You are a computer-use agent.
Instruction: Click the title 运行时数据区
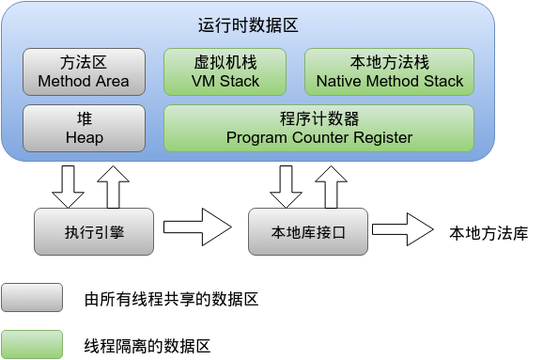click(248, 25)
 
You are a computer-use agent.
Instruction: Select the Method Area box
click(84, 72)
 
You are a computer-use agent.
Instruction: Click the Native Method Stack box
click(389, 72)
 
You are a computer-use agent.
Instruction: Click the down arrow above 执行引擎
click(68, 186)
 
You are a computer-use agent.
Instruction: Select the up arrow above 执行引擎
click(112, 184)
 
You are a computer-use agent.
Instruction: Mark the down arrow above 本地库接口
click(285, 186)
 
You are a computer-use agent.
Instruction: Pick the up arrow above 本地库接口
click(329, 184)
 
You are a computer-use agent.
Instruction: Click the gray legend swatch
click(32, 299)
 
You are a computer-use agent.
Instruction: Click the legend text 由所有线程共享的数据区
click(170, 300)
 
